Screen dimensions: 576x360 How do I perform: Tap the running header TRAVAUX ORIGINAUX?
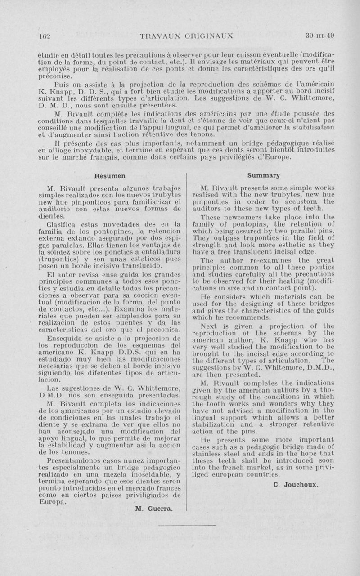pos(186,36)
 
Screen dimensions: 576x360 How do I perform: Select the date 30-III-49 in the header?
pos(319,36)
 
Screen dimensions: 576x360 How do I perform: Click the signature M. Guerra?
pos(154,509)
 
